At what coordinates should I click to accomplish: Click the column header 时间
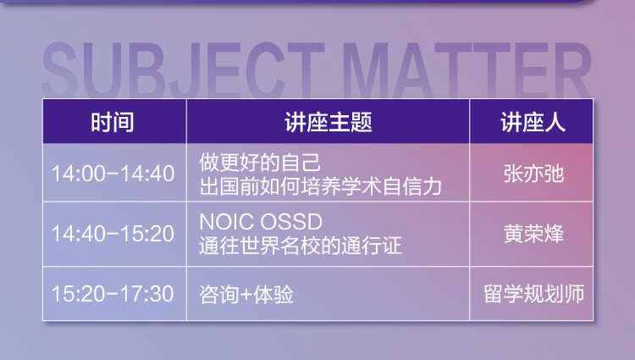coord(112,122)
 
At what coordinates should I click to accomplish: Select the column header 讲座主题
coord(328,122)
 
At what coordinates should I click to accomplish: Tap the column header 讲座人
coord(533,122)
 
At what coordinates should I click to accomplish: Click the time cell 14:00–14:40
coord(113,174)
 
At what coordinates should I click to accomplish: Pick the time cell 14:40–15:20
coord(113,234)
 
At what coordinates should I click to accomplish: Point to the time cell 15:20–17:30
coord(113,294)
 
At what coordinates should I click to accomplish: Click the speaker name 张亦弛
coord(533,174)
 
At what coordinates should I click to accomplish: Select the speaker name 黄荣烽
coord(533,234)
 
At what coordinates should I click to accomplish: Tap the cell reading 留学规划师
coord(533,294)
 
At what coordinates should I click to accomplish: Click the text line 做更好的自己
coord(260,163)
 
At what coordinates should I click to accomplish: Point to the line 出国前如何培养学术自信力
coord(320,186)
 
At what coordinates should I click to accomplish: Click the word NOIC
coord(227,222)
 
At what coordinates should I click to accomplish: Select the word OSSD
coord(291,222)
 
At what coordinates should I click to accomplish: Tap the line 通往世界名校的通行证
coord(301,246)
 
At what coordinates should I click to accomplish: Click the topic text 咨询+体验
coord(246,294)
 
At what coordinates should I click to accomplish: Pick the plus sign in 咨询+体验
coord(246,295)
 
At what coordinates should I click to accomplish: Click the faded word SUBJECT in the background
coord(183,69)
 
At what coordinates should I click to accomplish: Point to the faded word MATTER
coord(467,69)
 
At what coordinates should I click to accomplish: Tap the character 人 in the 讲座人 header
coord(555,122)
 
